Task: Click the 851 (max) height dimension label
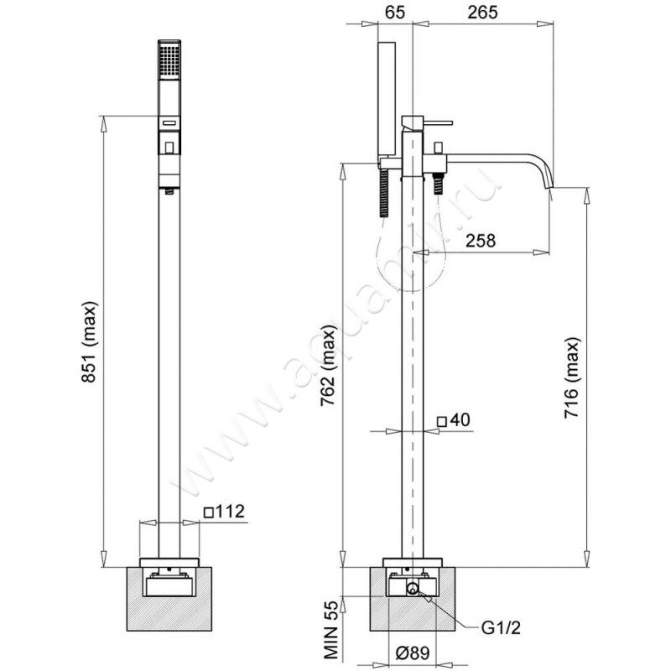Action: (x=91, y=341)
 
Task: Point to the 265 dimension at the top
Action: (x=482, y=12)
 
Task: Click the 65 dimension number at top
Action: (x=394, y=12)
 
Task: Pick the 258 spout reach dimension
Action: (x=480, y=241)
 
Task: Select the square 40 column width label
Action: (x=453, y=420)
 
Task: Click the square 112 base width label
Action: (x=224, y=511)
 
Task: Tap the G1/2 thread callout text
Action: (x=501, y=627)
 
